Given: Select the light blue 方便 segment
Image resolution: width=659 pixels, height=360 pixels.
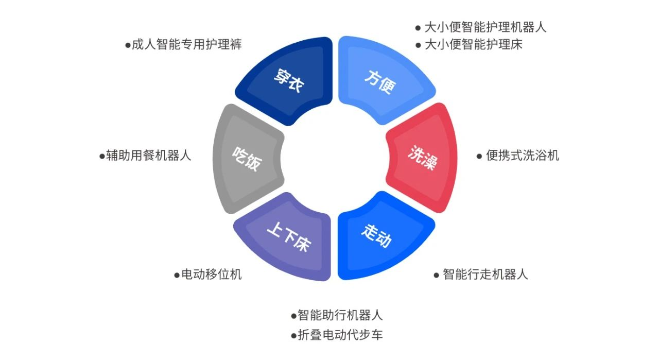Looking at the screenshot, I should coord(381,81).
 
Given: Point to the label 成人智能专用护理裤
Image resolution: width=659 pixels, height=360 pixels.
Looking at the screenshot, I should coord(186,45).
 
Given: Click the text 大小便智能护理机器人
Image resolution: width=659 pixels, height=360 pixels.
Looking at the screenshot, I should coord(485,27).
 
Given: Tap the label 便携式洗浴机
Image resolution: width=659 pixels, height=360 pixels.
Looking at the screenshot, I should coord(522,156).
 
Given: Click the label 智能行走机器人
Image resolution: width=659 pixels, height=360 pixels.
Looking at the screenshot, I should coord(485,275).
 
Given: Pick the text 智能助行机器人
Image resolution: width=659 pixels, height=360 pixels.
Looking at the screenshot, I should coord(340,315).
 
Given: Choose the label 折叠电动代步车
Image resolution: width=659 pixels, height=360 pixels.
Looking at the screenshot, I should coord(340,335).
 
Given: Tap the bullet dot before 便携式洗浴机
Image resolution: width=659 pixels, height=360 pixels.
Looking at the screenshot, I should coord(479,156).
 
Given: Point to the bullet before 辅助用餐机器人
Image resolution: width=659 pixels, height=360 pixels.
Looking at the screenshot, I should coord(102,156).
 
